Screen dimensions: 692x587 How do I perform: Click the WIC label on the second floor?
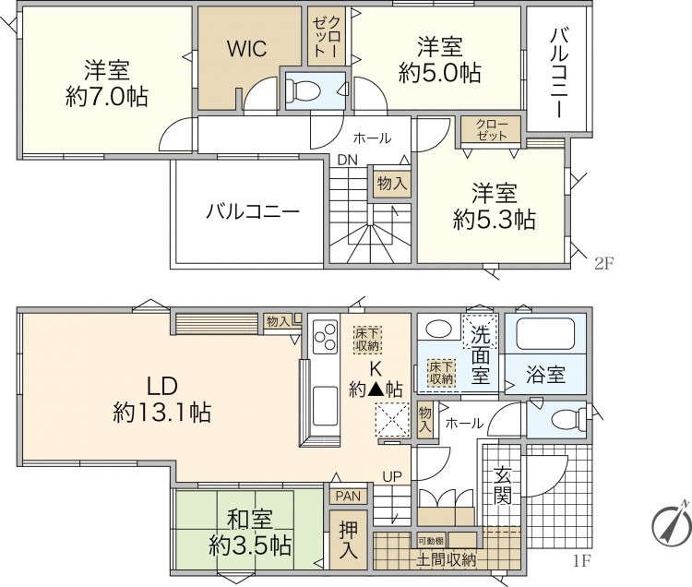point(246,48)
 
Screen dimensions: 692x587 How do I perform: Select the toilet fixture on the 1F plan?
point(569,418)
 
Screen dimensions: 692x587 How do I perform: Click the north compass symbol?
point(671,524)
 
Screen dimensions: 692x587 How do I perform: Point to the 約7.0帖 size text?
point(106,97)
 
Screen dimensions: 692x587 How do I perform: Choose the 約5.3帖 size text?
point(495,220)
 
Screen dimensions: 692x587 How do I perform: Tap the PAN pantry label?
point(348,496)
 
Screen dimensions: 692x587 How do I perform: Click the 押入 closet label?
point(348,539)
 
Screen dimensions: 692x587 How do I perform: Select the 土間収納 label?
point(447,560)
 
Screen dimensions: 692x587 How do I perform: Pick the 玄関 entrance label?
point(502,485)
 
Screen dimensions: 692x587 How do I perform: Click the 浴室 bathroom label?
point(546,375)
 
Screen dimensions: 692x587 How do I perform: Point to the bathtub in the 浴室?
point(546,332)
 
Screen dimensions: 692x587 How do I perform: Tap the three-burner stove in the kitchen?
point(326,337)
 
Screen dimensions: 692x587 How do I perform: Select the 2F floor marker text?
point(604,263)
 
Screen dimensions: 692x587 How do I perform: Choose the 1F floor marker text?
point(582,560)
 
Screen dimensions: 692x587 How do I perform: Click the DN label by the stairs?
point(347,161)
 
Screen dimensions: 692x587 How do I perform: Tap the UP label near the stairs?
point(392,476)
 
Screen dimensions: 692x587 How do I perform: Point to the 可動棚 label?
point(431,540)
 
